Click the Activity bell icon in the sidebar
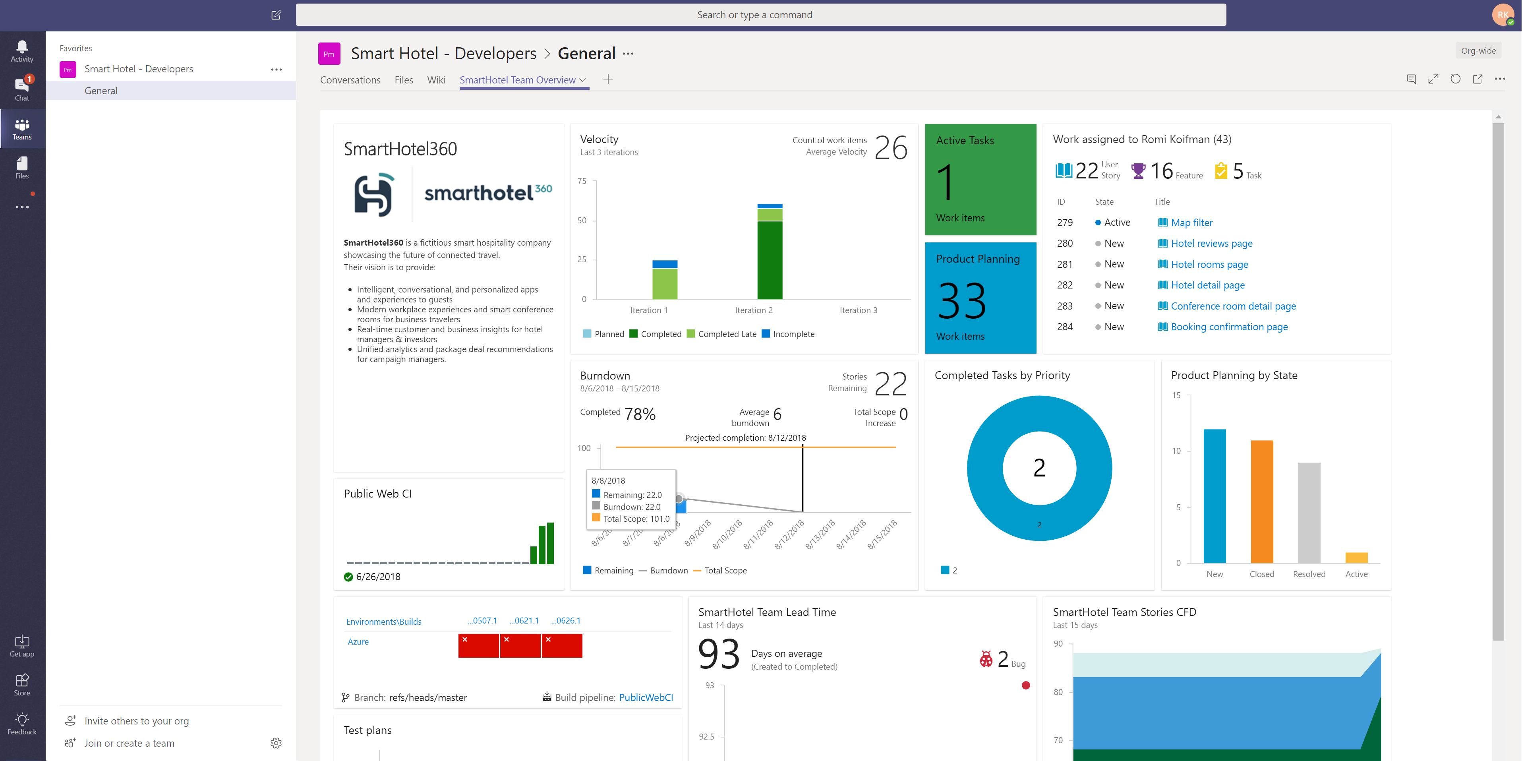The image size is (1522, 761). [22, 47]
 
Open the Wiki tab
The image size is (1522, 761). [436, 80]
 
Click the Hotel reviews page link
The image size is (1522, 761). [1211, 244]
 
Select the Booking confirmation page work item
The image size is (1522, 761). [1229, 327]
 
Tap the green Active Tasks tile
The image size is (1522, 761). [980, 179]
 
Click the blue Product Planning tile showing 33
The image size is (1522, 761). [980, 298]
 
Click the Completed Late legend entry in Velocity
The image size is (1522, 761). [721, 334]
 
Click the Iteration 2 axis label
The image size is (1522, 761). [753, 310]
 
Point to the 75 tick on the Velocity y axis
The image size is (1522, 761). [582, 181]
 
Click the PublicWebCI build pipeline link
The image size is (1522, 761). [646, 697]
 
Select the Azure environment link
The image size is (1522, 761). [358, 642]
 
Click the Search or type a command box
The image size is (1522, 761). [760, 15]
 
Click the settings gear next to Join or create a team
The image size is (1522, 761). [276, 743]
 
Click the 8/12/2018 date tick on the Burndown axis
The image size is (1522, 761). [789, 534]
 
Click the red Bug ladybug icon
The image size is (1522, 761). [986, 659]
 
